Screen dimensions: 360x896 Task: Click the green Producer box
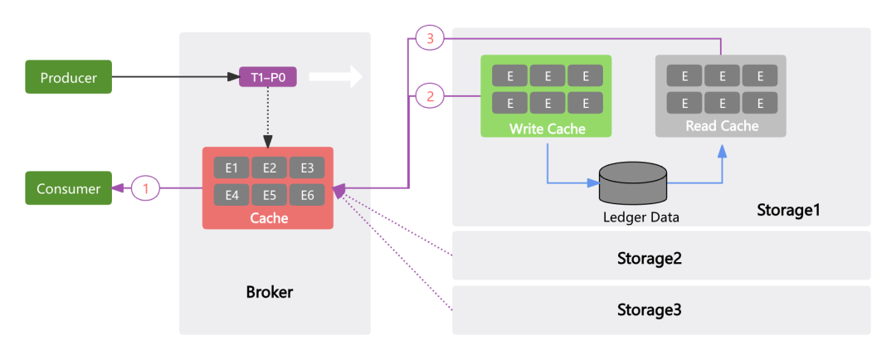click(x=68, y=78)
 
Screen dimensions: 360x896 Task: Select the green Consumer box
click(x=68, y=188)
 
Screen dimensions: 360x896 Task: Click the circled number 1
click(x=146, y=188)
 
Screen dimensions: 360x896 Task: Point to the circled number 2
click(x=430, y=96)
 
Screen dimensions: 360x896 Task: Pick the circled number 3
click(x=430, y=39)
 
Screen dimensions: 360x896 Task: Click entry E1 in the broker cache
click(x=231, y=168)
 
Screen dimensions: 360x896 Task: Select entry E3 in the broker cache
click(x=307, y=168)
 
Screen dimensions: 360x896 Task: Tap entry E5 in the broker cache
click(x=270, y=196)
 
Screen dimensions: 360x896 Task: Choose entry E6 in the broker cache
click(x=307, y=196)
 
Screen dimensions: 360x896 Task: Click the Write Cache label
click(x=547, y=129)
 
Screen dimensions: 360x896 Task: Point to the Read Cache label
click(x=722, y=126)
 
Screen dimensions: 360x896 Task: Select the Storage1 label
click(x=788, y=210)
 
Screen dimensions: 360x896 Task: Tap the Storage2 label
click(x=649, y=257)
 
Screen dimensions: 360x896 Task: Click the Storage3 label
click(x=649, y=310)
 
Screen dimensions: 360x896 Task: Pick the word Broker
click(x=270, y=292)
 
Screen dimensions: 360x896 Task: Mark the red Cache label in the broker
click(x=270, y=217)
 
